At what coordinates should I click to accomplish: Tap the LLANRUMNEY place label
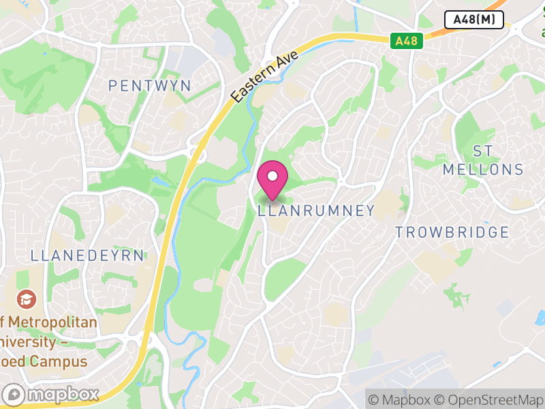316,211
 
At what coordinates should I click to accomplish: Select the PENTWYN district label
150,86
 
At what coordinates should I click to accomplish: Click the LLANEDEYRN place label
87,256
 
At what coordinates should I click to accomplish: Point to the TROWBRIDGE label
452,232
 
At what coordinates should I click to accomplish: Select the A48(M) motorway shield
473,20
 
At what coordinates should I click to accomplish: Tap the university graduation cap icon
27,299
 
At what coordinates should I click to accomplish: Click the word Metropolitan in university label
54,322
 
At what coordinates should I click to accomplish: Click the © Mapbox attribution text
401,399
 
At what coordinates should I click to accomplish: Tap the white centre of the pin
272,176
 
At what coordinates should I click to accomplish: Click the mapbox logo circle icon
14,394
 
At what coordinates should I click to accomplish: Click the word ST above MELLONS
482,150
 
